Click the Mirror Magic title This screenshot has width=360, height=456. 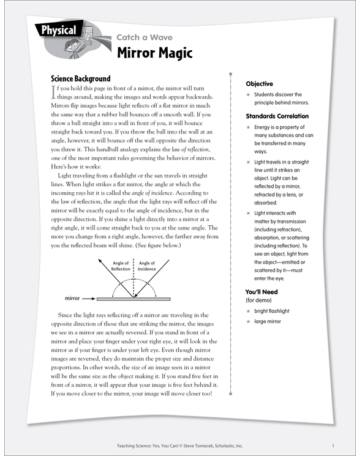pos(154,53)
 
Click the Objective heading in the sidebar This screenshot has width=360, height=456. pos(259,84)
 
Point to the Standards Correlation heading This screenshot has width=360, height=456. pos(277,116)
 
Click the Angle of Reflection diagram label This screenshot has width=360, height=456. pos(121,266)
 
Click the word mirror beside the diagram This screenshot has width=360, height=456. pos(73,299)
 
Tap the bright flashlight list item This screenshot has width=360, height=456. pos(273,312)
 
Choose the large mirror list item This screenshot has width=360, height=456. pos(269,321)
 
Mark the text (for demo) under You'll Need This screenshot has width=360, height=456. pos(260,301)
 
